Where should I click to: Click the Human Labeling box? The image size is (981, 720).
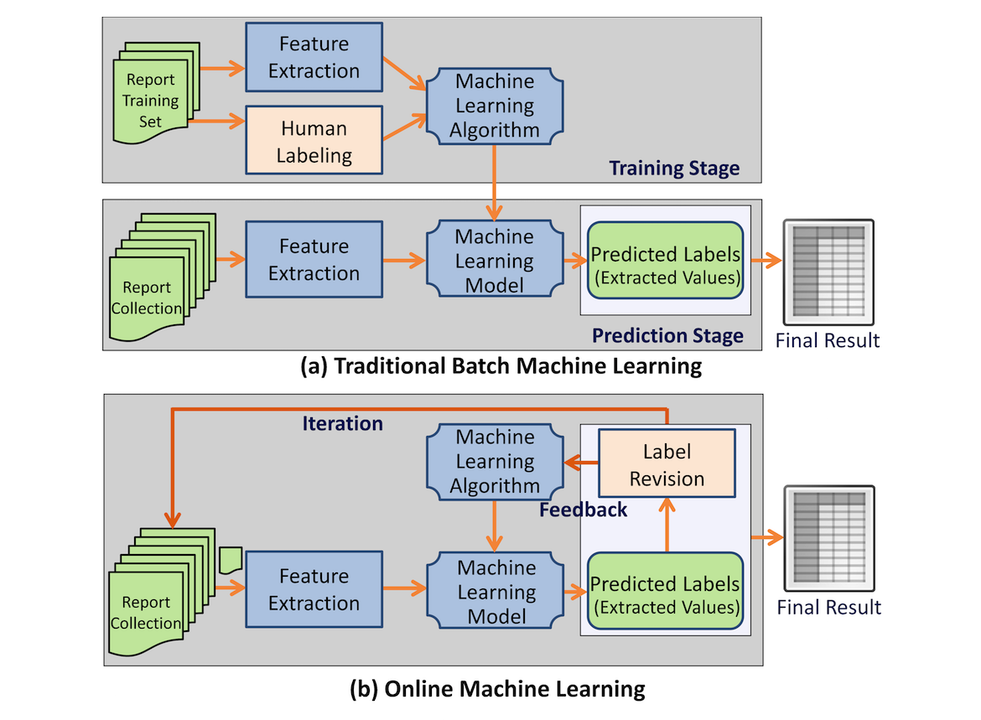pos(314,142)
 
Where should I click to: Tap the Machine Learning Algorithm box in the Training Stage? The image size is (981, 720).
pos(495,106)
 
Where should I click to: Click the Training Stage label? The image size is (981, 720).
pos(674,168)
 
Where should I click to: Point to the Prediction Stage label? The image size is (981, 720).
pos(667,335)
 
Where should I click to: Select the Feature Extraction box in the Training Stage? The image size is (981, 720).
pos(314,57)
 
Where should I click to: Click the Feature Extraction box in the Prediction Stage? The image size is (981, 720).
pos(314,260)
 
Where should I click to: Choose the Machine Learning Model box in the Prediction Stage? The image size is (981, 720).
pos(495,261)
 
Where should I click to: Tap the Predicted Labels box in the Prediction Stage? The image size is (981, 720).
pos(666,264)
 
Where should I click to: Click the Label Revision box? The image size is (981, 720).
pos(667,465)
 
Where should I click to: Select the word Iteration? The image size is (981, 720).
pos(342,423)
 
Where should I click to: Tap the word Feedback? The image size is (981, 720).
pos(583,509)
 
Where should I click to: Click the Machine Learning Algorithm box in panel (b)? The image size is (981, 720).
pos(495,461)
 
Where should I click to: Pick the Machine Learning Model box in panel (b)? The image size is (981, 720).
pos(495,592)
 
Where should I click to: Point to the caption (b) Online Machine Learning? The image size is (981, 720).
pos(497,689)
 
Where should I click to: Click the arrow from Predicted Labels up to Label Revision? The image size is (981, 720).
pos(667,525)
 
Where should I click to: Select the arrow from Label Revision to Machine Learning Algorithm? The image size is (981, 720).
pos(580,461)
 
